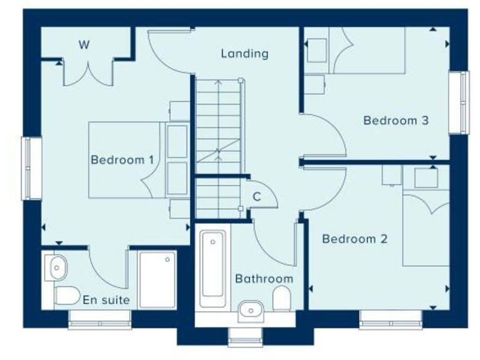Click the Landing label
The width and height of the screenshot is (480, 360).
point(244,54)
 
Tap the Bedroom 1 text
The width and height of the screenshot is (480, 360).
point(122,160)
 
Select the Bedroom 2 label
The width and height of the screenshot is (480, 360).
point(354,239)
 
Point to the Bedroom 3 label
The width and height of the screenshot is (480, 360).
point(396,120)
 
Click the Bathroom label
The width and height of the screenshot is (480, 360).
point(264,279)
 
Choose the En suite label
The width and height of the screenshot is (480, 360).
point(106,300)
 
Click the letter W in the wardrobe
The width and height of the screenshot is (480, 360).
point(83,44)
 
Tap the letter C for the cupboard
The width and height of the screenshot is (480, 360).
point(256,197)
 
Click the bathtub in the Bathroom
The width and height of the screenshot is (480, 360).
point(212,269)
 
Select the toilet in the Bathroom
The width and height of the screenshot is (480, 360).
point(282,298)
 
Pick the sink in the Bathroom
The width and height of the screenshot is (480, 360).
point(251,309)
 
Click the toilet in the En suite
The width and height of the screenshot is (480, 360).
point(66,296)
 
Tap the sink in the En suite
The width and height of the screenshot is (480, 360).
point(55,268)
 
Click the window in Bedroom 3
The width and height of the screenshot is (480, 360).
point(459,102)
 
